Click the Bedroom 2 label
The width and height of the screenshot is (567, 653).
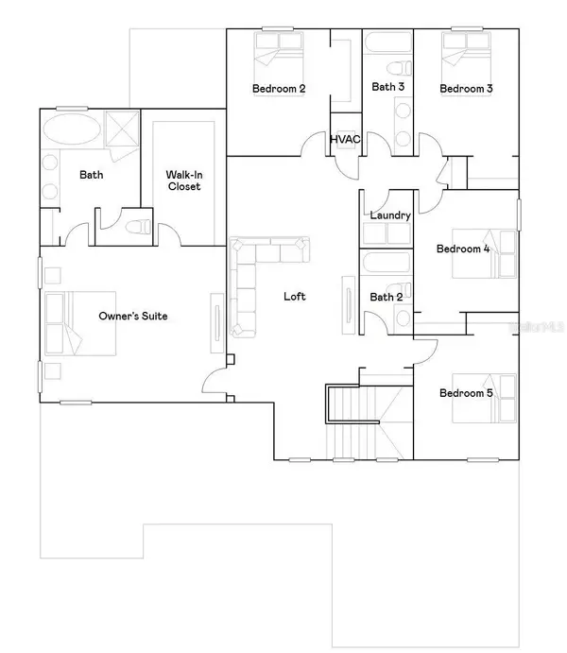[279, 88]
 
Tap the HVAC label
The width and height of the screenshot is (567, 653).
[345, 139]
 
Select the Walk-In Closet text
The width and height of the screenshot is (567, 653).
[184, 180]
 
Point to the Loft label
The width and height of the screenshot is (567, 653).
[294, 296]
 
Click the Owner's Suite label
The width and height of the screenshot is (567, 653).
[133, 316]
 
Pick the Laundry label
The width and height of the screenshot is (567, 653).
[390, 215]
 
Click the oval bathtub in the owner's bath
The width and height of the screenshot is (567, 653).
[72, 129]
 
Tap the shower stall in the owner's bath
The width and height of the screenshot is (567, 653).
[122, 129]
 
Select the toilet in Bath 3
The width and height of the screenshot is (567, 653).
[399, 68]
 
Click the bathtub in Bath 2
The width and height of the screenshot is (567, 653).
[387, 263]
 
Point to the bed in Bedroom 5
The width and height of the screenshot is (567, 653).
[484, 398]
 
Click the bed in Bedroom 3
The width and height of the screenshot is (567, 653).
[466, 64]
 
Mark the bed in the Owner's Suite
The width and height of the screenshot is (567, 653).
[80, 323]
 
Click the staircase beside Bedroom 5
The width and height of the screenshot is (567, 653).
[369, 421]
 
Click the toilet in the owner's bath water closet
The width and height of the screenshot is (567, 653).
[138, 228]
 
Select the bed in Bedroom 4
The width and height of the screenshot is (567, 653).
[484, 253]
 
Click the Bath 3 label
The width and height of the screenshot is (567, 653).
[388, 87]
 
